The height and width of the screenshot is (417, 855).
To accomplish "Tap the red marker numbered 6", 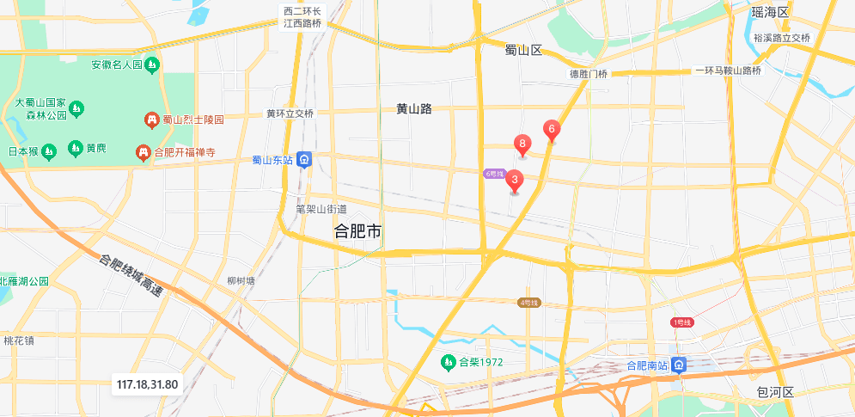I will tap(552, 131).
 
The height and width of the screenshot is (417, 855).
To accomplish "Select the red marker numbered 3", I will tap(514, 181).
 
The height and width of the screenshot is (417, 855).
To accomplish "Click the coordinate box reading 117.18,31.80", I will tap(147, 384).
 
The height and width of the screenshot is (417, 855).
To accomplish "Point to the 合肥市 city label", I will tap(357, 232).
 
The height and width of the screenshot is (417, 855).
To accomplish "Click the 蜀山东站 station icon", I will tap(305, 160).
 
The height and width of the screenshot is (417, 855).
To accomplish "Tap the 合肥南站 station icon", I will tap(679, 365).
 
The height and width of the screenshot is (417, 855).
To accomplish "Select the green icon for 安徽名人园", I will tap(152, 64).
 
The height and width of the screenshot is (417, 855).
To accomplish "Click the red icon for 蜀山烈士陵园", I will tap(151, 120).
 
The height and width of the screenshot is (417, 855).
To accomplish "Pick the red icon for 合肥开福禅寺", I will tap(143, 153).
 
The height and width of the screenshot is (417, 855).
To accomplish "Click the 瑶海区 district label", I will tap(769, 11).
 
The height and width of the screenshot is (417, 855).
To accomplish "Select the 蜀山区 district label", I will tap(523, 51).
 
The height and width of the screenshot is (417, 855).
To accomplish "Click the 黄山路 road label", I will tap(413, 108).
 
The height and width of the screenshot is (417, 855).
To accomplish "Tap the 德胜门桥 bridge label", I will tap(589, 74).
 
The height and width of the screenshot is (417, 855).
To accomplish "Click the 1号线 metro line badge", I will tap(681, 322).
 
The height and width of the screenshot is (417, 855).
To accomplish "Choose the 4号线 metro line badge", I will tap(528, 303).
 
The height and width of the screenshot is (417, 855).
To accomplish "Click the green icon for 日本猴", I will tap(49, 150).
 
